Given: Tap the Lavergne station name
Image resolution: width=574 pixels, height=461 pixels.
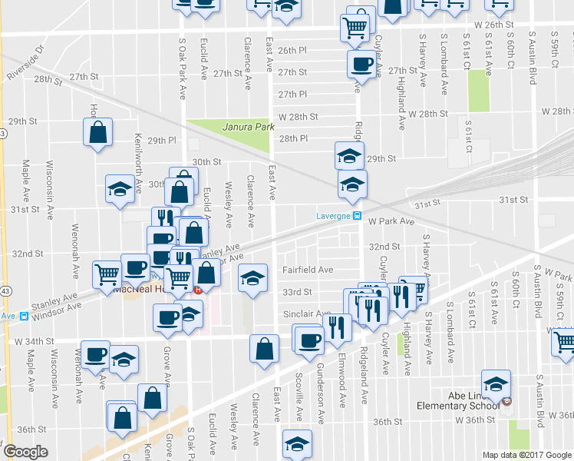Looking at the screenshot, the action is tap(333, 216).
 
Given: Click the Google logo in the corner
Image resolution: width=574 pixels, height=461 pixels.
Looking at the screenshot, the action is tap(26, 452).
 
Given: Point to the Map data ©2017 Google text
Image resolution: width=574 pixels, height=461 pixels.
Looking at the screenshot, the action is tap(527, 455).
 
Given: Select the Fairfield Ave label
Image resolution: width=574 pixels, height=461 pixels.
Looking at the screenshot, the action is tap(307, 270).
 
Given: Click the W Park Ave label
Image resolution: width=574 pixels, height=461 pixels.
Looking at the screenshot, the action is tap(391, 221).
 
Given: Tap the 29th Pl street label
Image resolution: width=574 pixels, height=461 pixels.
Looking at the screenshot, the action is tap(163, 141).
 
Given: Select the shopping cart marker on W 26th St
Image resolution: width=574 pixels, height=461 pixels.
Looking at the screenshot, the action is tap(355, 28).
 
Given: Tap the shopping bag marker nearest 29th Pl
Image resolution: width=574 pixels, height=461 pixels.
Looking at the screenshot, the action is tap(98, 132).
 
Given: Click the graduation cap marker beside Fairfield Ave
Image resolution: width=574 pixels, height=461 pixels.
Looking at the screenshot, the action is tap(252, 277).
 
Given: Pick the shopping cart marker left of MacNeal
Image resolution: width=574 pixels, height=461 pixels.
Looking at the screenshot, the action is tap(107, 274).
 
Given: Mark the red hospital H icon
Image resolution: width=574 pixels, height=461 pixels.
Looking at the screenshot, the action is tap(199, 290).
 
